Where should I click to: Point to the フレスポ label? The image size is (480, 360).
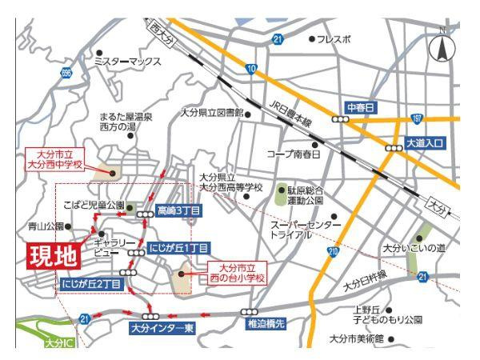coord(333,38)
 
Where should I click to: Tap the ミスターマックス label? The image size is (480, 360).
coord(127,62)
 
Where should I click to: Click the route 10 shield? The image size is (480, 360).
coord(252,70)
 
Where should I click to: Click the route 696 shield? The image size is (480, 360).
coord(66,73)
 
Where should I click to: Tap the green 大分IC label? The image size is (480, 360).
coord(58,343)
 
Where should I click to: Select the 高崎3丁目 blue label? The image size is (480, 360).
coord(179,210)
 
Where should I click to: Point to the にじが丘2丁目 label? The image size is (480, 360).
coord(91,283)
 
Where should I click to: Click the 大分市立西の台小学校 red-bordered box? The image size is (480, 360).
coord(237,273)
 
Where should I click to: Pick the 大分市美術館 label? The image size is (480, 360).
coord(371,338)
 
